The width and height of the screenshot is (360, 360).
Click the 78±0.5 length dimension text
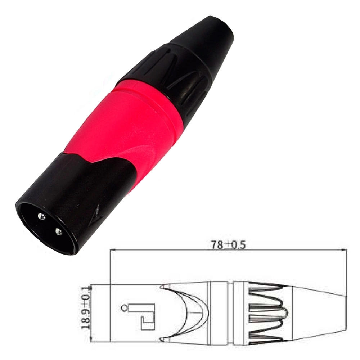click(229, 245)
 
